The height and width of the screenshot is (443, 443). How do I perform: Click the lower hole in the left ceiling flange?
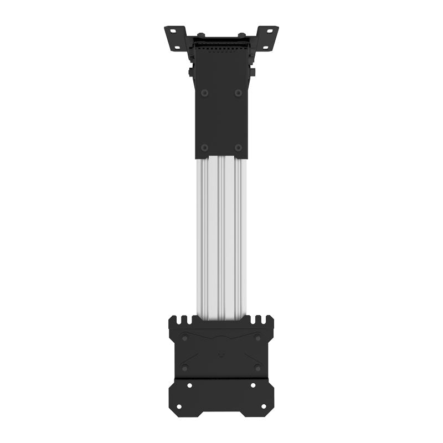[x=177, y=48]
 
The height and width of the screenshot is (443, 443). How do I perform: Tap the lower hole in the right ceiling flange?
[x=265, y=48]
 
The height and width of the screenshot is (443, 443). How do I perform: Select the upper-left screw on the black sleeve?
[x=204, y=93]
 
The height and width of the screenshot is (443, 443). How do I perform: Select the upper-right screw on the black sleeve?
[x=238, y=93]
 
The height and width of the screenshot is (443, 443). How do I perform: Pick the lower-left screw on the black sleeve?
[x=204, y=147]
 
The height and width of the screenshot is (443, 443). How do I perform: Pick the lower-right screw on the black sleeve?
[x=238, y=147]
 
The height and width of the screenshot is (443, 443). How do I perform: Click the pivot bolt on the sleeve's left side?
[x=191, y=72]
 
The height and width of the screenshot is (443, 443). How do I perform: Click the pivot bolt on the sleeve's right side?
[x=252, y=72]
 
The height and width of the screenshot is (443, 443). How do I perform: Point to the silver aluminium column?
[x=221, y=238]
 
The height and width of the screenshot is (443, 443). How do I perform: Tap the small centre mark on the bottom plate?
[x=221, y=355]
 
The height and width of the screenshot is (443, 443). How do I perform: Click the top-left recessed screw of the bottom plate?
[x=184, y=338]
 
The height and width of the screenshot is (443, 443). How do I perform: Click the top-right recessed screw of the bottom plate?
[x=258, y=338]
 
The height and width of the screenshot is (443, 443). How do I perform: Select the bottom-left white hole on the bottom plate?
[x=179, y=406]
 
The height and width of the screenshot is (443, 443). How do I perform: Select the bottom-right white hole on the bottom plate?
[x=264, y=406]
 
